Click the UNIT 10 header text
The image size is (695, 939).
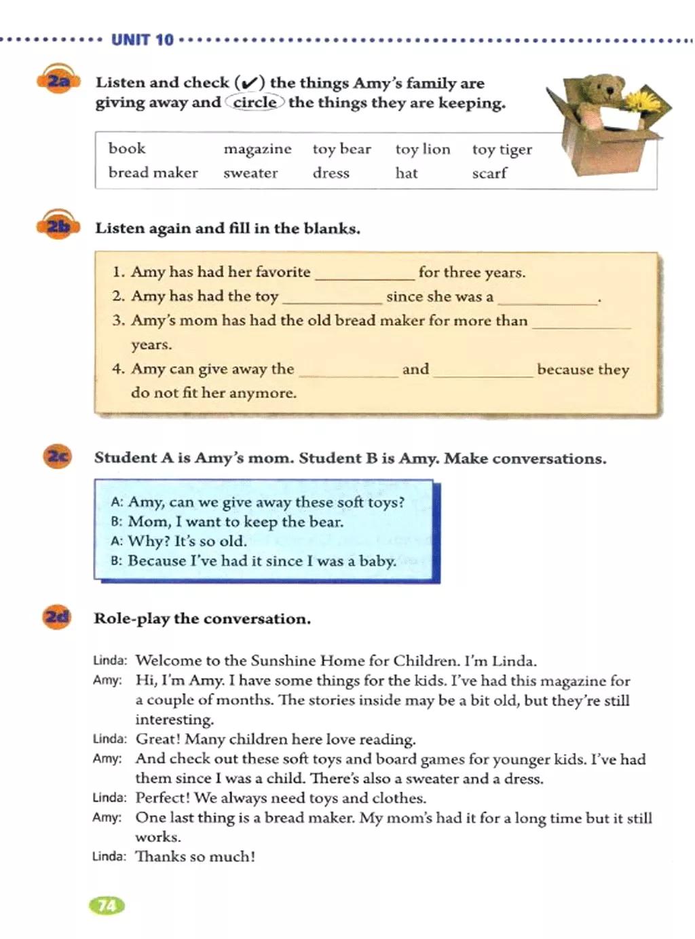[x=142, y=40]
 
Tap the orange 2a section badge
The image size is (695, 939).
[x=58, y=82]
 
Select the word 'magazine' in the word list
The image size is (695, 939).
[x=257, y=149]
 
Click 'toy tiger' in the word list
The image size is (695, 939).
[x=502, y=150]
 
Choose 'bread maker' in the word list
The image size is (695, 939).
[x=153, y=173]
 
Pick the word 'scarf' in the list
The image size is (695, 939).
[x=489, y=174]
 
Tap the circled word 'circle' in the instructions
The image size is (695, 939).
[x=255, y=103]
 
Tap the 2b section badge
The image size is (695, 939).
[x=58, y=226]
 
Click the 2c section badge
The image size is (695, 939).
[x=58, y=456]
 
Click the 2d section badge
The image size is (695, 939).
[x=57, y=617]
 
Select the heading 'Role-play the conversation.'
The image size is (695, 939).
[x=202, y=619]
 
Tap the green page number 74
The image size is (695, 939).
[x=107, y=905]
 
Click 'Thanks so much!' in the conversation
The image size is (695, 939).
[x=195, y=857]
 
